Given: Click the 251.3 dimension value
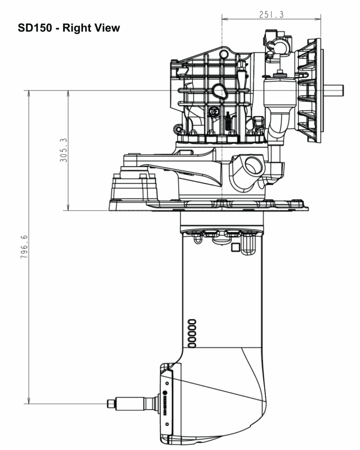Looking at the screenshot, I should (271, 15).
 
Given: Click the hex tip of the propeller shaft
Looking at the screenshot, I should (111, 403).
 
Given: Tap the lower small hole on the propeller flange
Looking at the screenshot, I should (167, 424).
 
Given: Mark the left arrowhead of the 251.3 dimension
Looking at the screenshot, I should (224, 19).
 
